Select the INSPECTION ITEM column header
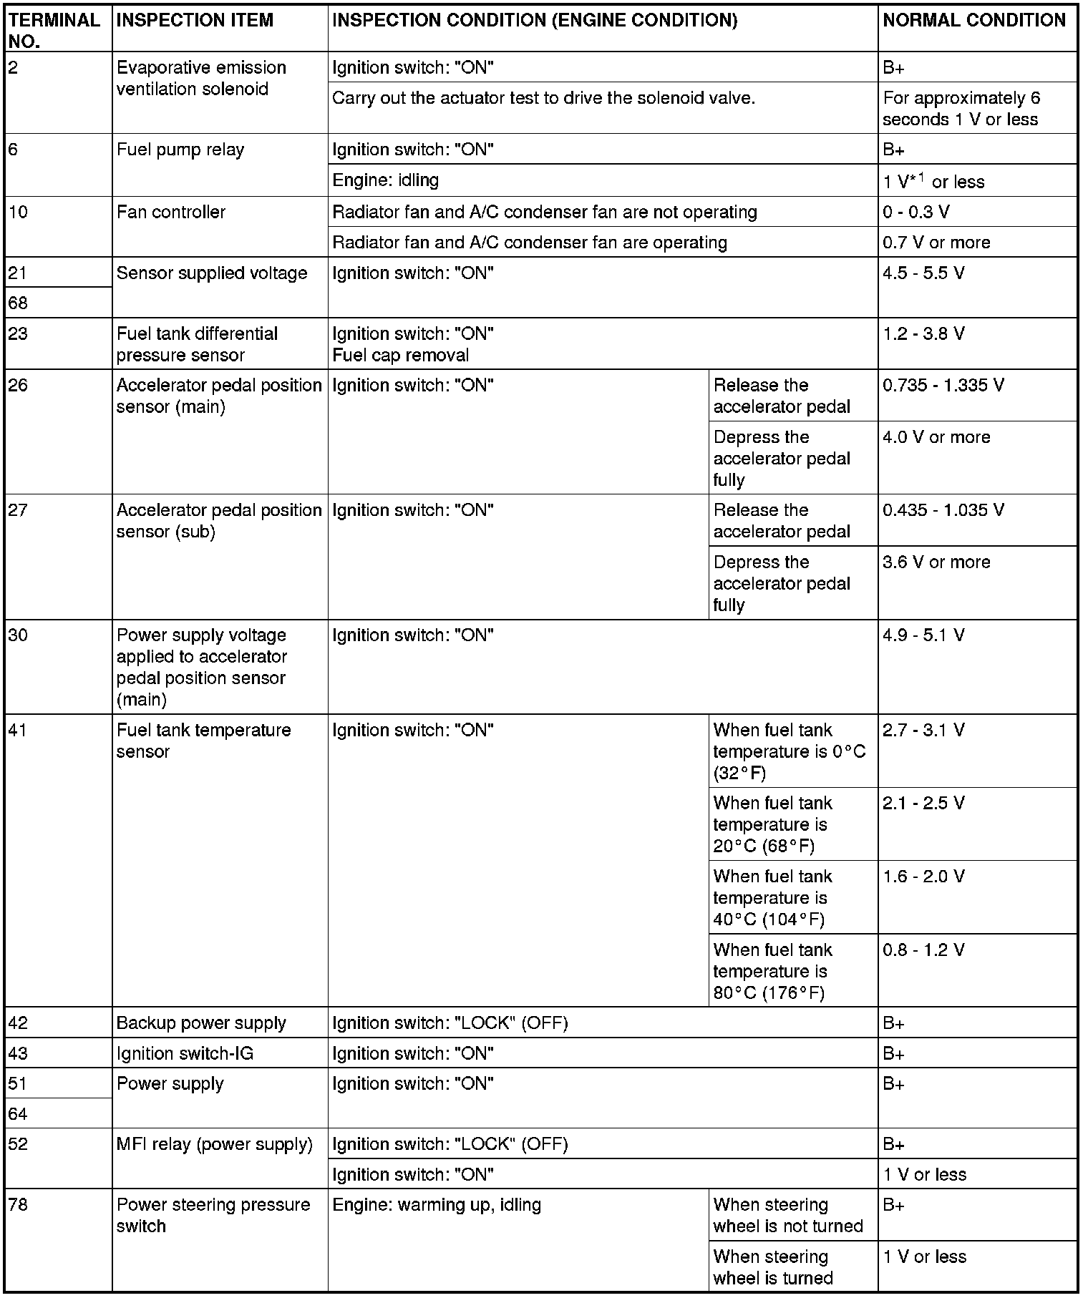[195, 21]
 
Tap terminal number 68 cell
[19, 303]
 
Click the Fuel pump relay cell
[180, 150]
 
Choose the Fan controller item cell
[171, 213]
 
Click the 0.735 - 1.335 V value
[943, 386]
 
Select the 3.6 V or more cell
[936, 562]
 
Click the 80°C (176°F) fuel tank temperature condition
[772, 971]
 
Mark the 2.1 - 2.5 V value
[923, 804]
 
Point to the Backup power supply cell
[201, 1023]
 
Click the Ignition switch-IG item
[185, 1054]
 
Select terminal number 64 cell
[19, 1114]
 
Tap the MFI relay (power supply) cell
[214, 1145]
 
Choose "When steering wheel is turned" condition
[772, 1267]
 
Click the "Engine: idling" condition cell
[386, 180]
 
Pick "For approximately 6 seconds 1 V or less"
[961, 109]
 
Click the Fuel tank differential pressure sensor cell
[197, 344]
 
